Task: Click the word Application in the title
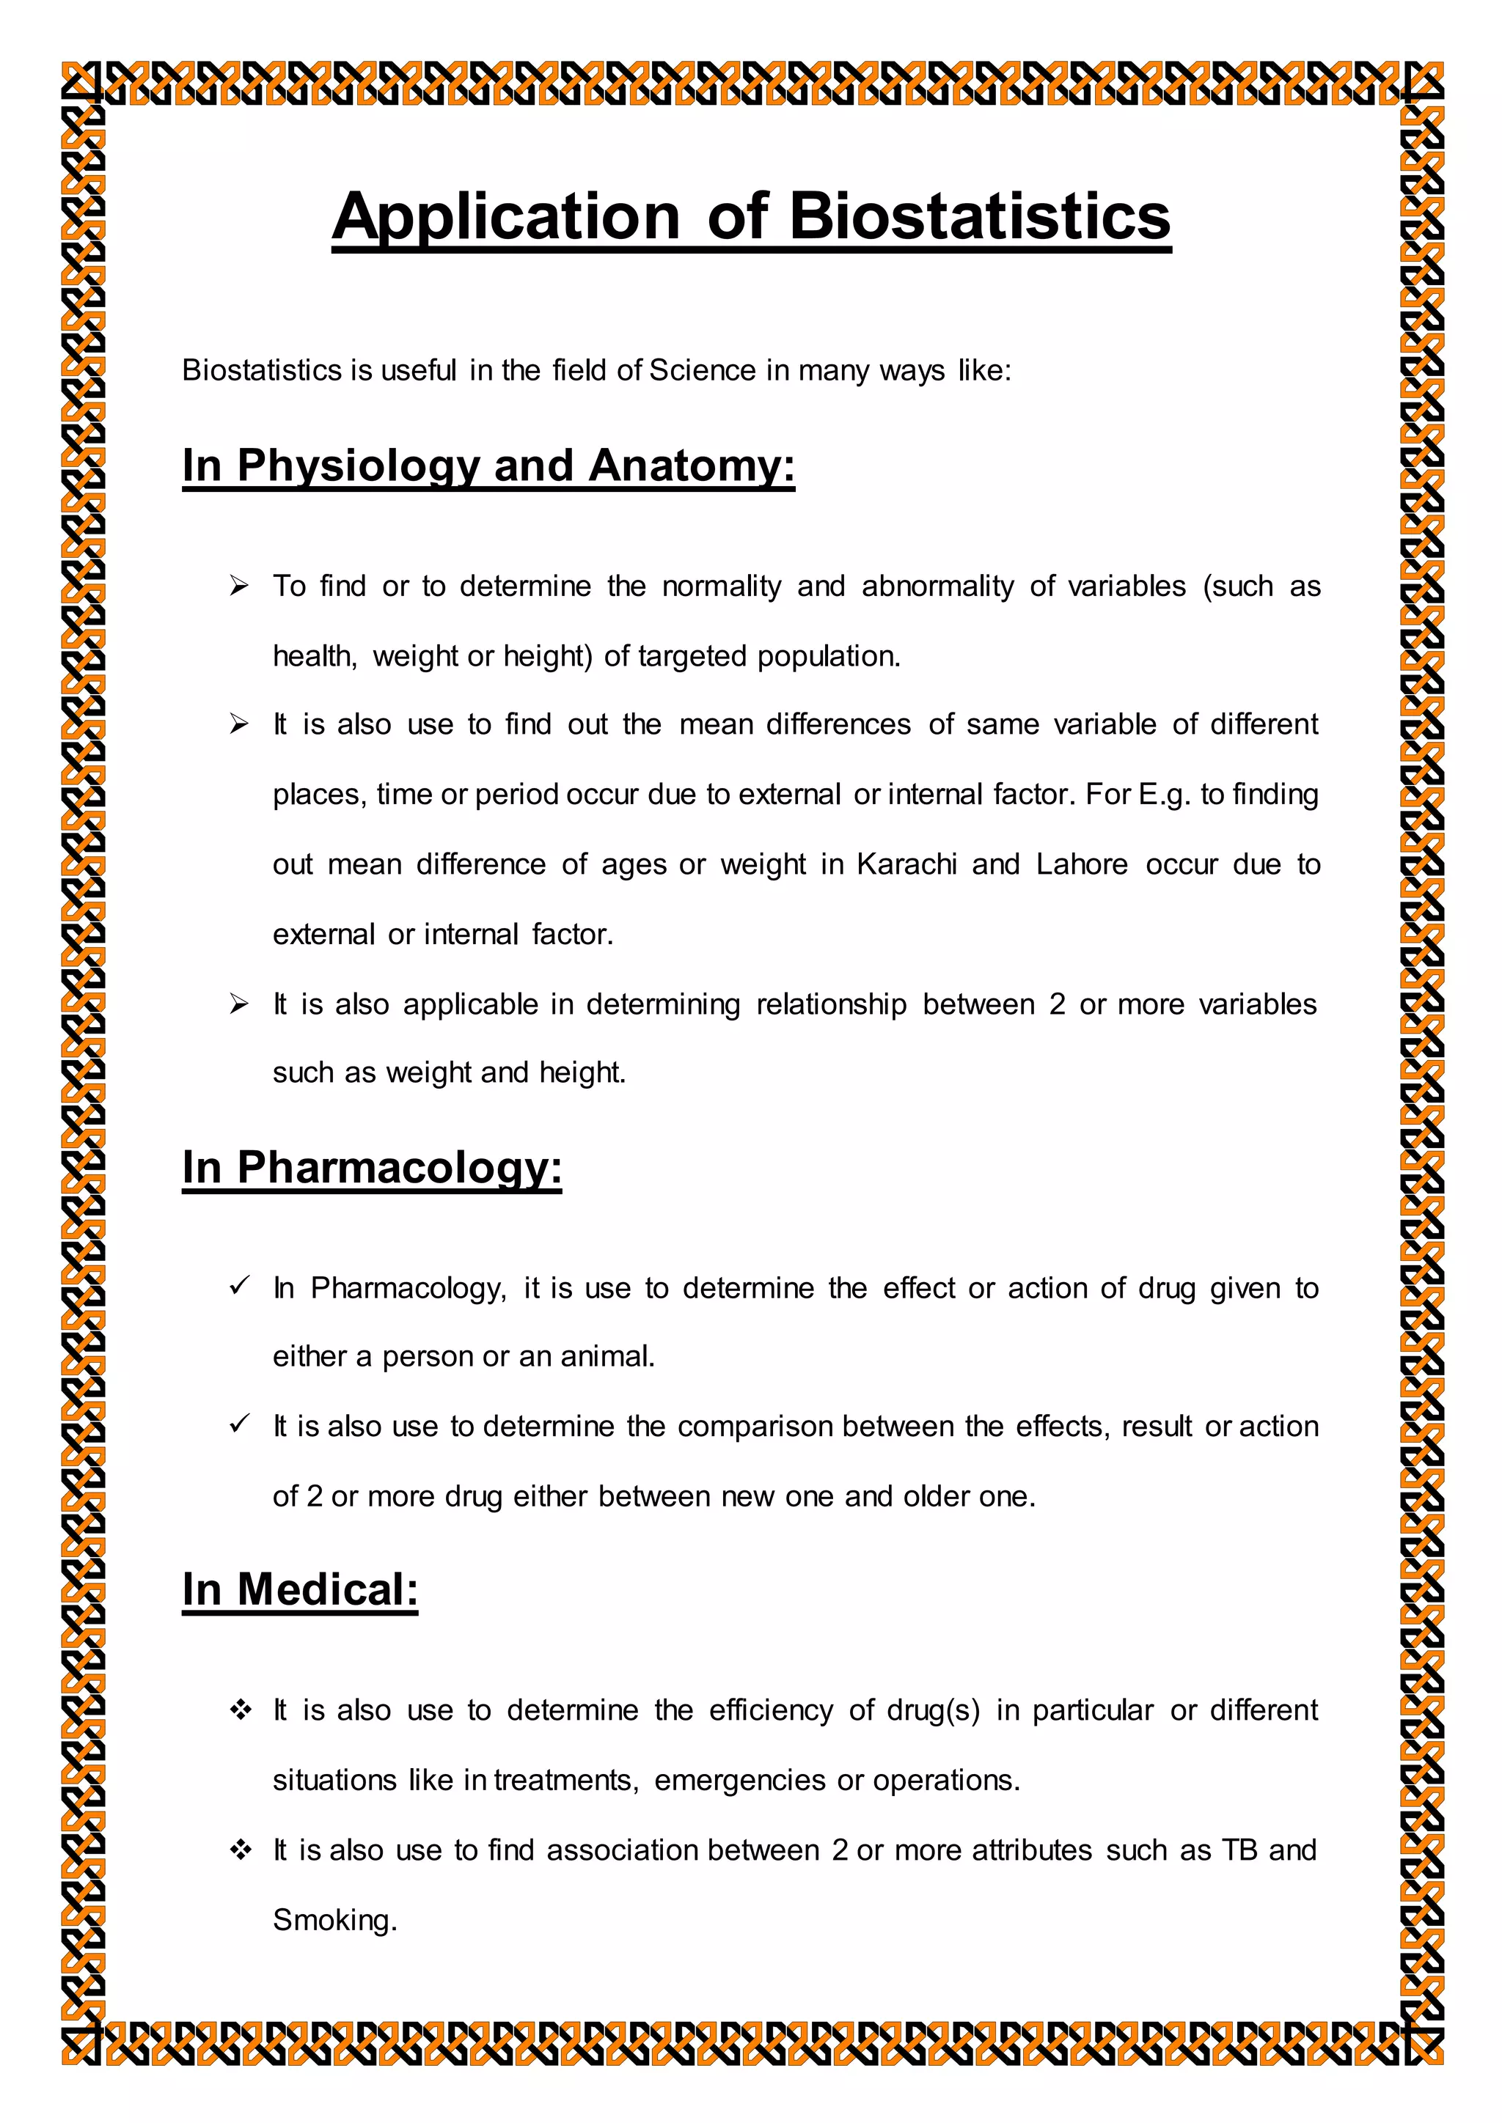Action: click(x=506, y=218)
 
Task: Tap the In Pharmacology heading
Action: click(x=372, y=1167)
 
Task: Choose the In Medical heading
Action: click(x=300, y=1589)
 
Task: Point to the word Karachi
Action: click(x=906, y=864)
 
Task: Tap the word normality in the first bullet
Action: click(x=722, y=586)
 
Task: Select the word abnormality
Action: click(x=937, y=586)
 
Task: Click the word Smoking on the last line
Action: click(x=334, y=1921)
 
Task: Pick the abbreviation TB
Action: click(x=1239, y=1850)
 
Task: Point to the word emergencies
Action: click(x=739, y=1780)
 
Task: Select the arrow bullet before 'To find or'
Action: click(x=240, y=586)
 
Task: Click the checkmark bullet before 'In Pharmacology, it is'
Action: click(x=240, y=1287)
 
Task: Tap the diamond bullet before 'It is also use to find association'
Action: click(x=241, y=1850)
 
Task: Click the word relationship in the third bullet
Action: click(x=830, y=1004)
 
